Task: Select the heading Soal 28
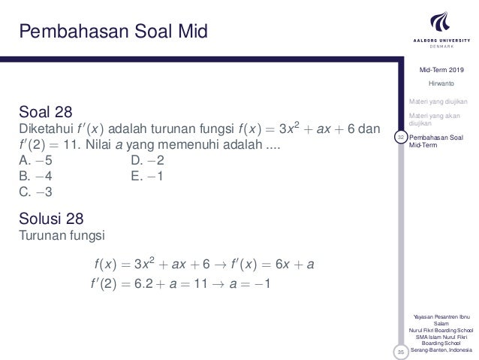point(46,113)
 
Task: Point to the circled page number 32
point(402,137)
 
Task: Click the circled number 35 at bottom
point(402,350)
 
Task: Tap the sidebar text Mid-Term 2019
point(442,70)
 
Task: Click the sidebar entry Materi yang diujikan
point(438,101)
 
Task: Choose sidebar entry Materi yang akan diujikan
point(438,119)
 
